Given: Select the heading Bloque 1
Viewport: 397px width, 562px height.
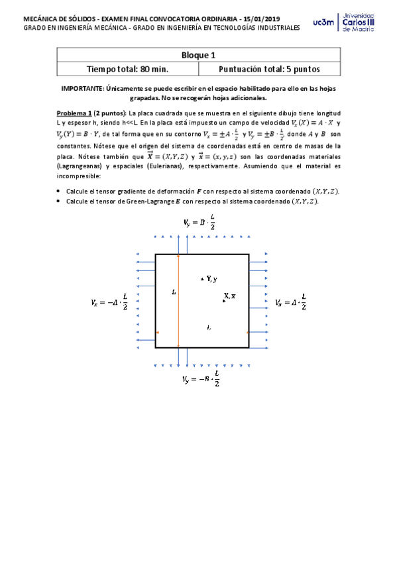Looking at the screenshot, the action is pos(198,56).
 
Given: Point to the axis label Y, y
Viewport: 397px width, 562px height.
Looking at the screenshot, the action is pos(210,279).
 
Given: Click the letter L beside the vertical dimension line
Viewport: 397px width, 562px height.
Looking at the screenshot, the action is pos(173,291).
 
